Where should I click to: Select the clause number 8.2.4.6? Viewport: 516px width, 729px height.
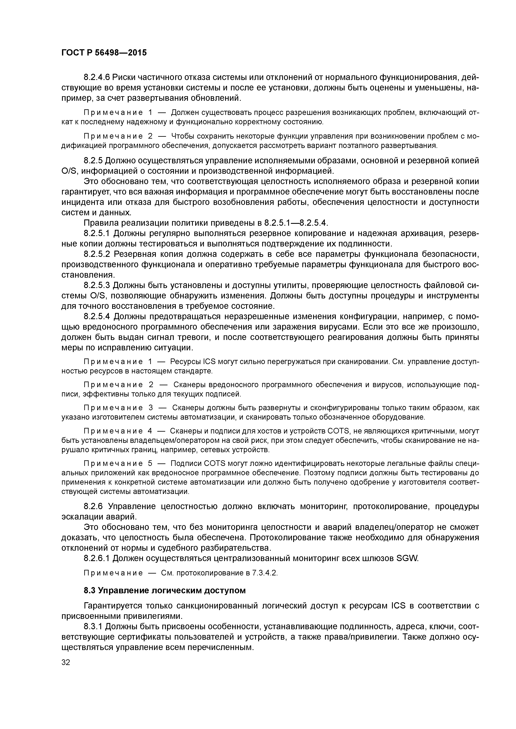[97, 77]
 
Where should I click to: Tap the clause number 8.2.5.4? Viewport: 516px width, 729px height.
[97, 316]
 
